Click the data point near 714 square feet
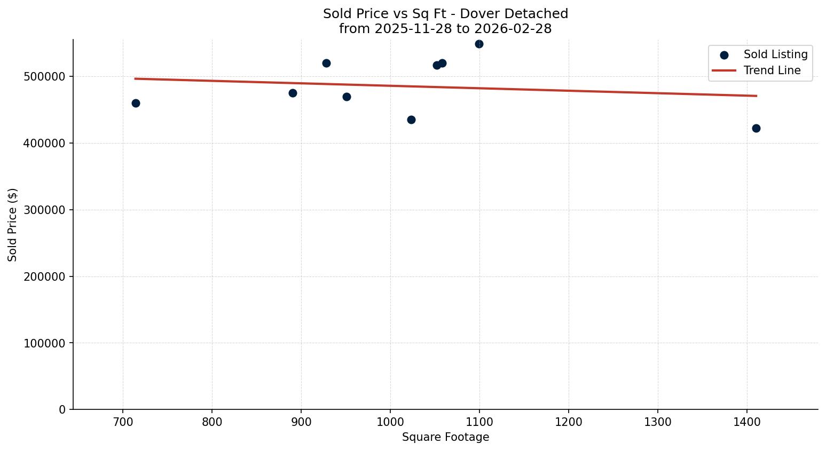pyautogui.click(x=136, y=103)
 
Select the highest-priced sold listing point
pyautogui.click(x=479, y=44)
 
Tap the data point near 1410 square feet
pyautogui.click(x=756, y=128)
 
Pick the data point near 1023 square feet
pyautogui.click(x=411, y=120)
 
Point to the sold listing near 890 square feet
pyautogui.click(x=293, y=93)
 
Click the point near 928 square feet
pyautogui.click(x=326, y=63)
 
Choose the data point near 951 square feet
pyautogui.click(x=347, y=97)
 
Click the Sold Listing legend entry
pyautogui.click(x=775, y=54)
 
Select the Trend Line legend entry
pyautogui.click(x=772, y=70)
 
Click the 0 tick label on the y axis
pyautogui.click(x=62, y=410)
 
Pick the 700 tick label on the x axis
pyautogui.click(x=123, y=422)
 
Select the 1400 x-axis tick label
pyautogui.click(x=746, y=422)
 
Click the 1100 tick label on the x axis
pyautogui.click(x=479, y=422)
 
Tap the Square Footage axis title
pyautogui.click(x=445, y=438)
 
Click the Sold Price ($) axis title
pyautogui.click(x=13, y=225)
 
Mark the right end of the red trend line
pyautogui.click(x=757, y=96)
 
